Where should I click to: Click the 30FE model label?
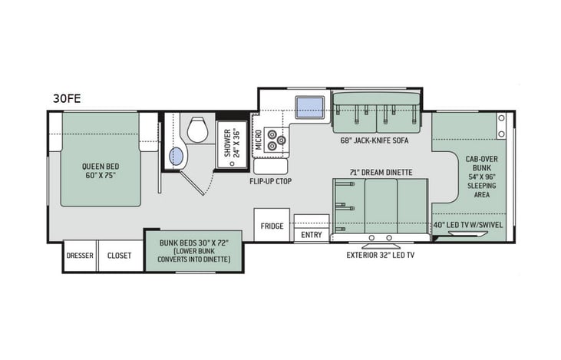(66, 97)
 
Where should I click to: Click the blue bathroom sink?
(177, 157)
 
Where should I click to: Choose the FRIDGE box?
(271, 226)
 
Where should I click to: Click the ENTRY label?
(312, 235)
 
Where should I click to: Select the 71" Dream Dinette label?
(380, 172)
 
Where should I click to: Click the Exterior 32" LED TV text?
(381, 254)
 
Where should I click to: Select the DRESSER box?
(80, 256)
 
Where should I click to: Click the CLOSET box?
(119, 256)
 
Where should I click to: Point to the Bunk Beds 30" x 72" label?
(193, 250)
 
